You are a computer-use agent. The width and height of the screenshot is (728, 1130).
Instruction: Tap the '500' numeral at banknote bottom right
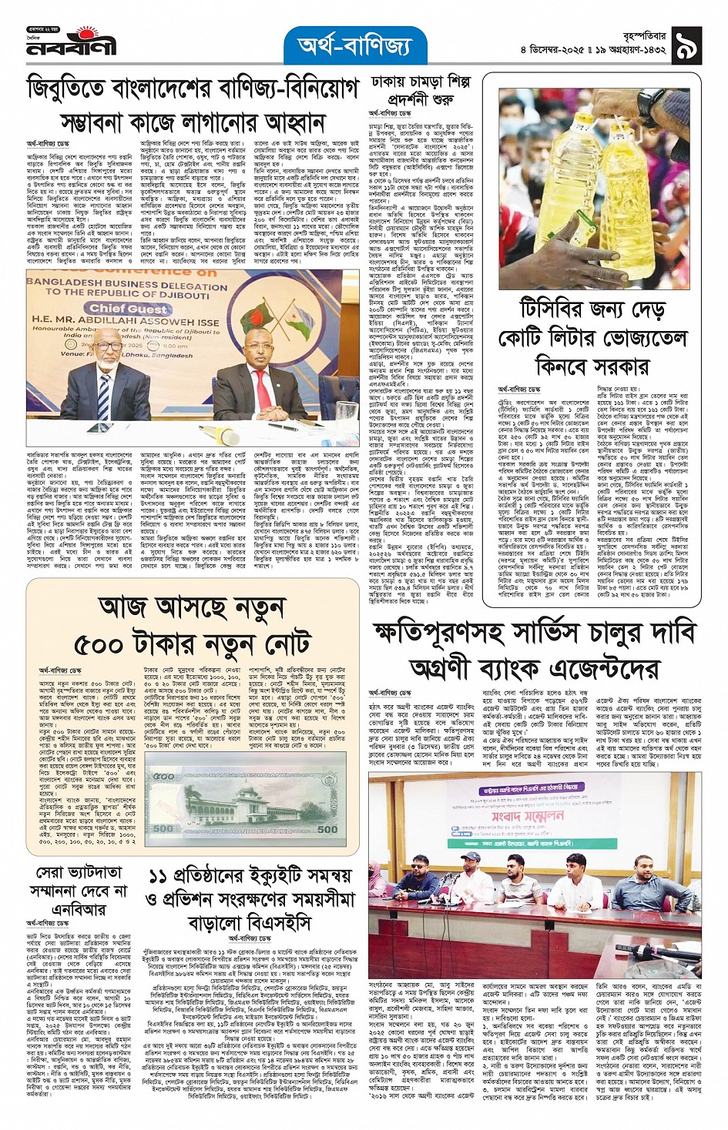(327, 828)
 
